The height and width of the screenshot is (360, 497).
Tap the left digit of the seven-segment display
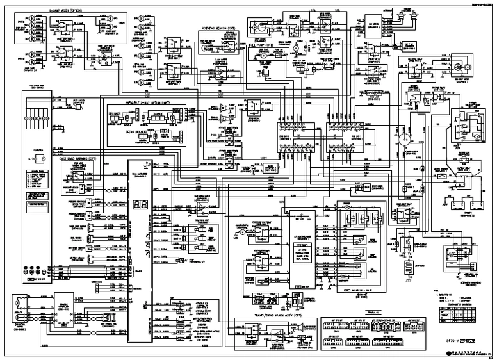point(137,206)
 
